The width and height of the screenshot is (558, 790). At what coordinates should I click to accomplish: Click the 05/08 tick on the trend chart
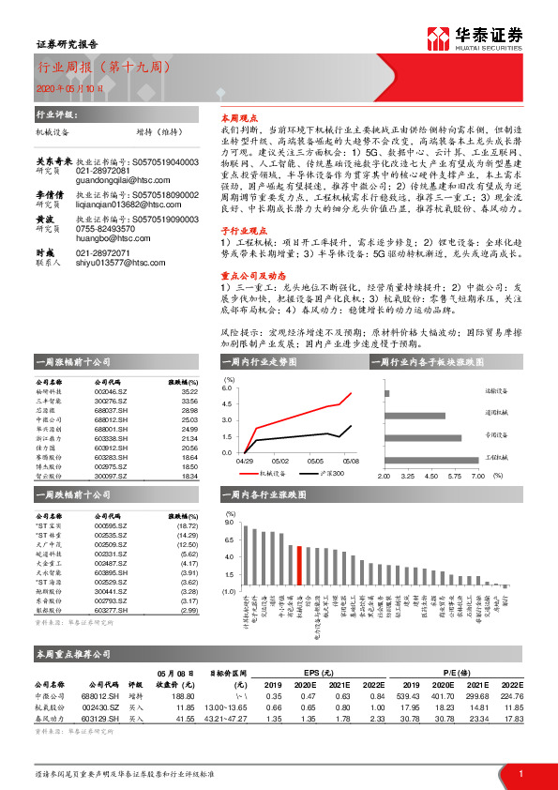click(351, 461)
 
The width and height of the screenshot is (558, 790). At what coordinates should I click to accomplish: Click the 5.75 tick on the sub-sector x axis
click(454, 476)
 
